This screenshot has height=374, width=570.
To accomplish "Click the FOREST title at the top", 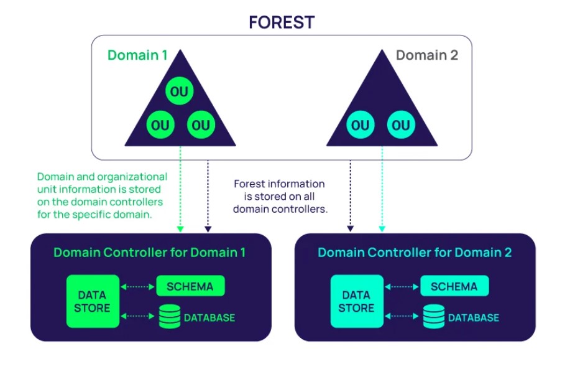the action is point(282,22).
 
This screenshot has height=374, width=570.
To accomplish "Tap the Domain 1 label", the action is point(137,55).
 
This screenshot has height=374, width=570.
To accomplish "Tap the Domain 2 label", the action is point(427,55).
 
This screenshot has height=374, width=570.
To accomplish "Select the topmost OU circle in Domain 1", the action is point(179,91).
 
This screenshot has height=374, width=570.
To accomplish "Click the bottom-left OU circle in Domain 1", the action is point(160,125).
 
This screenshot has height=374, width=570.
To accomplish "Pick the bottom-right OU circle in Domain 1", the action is point(201,125).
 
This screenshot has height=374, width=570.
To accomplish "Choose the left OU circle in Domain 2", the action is point(361,125).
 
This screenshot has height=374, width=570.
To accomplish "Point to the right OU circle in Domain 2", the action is point(401,125).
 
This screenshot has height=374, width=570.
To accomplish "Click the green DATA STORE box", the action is point(93,301).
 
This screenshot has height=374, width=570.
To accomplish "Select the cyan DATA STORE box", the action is point(357,301).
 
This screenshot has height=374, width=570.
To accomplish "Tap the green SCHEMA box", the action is point(190,286).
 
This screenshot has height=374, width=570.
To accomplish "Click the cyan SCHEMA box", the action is point(454,286).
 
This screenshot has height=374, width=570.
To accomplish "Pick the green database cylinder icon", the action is point(170,317).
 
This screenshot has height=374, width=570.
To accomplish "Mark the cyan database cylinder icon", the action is point(434,317).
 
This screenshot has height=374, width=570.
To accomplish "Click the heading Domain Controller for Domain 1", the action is point(149,252).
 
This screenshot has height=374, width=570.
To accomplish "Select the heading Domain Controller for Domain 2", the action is point(415,252).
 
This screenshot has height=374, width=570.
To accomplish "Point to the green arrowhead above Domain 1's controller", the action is point(180,229).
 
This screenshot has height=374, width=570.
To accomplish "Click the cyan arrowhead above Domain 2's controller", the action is point(382,229).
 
